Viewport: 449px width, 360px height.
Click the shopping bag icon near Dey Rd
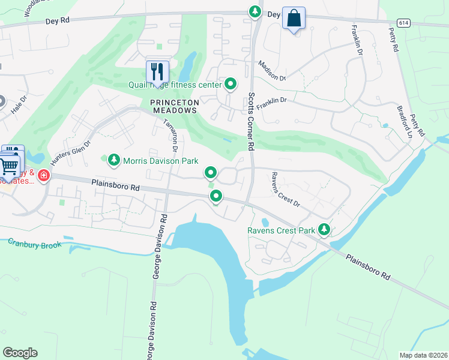pyautogui.click(x=294, y=18)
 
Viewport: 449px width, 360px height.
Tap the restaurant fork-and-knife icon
pyautogui.click(x=157, y=71)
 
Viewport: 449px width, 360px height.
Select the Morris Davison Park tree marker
pyautogui.click(x=114, y=160)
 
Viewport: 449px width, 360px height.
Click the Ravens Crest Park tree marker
pyautogui.click(x=324, y=229)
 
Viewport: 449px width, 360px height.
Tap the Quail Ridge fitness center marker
pyautogui.click(x=230, y=84)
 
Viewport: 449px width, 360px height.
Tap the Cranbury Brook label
pyautogui.click(x=35, y=244)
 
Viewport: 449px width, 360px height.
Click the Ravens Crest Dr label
pyautogui.click(x=285, y=189)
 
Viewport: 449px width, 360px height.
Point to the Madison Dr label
pyautogui.click(x=272, y=70)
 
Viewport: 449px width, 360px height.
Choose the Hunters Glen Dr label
pyautogui.click(x=70, y=153)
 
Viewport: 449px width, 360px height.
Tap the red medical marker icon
pyautogui.click(x=43, y=176)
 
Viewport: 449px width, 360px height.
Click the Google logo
pyautogui.click(x=20, y=353)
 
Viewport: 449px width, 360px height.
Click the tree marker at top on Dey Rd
pyautogui.click(x=255, y=11)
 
